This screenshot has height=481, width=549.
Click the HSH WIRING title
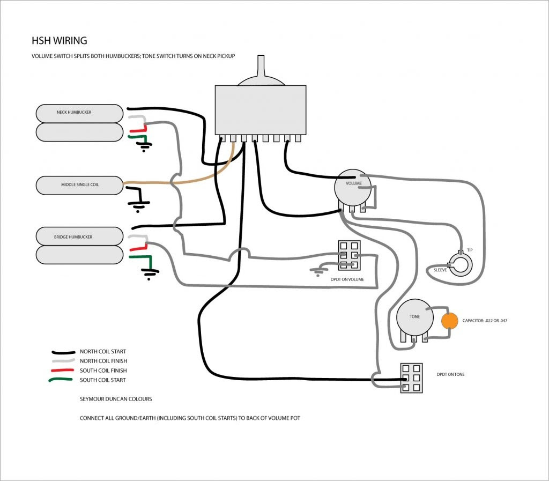point(59,41)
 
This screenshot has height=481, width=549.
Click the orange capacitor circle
point(450,321)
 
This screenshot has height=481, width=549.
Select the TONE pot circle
point(414,317)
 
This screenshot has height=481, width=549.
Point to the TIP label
point(470,250)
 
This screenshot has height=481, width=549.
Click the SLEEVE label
point(440,271)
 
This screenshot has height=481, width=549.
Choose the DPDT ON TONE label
point(450,374)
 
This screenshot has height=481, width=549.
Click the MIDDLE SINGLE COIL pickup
point(79,185)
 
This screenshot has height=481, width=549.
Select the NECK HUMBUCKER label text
point(74,113)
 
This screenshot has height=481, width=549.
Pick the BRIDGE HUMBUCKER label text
point(73,236)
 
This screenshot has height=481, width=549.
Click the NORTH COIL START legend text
point(103,352)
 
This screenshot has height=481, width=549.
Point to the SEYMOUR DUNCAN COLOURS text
point(116,399)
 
